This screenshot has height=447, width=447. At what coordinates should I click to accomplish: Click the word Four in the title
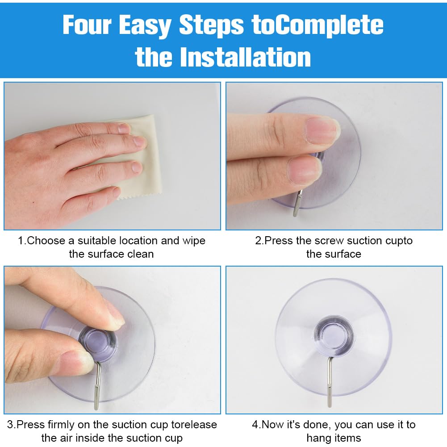click(x=87, y=25)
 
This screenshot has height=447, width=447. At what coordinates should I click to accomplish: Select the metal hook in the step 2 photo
click(x=297, y=203)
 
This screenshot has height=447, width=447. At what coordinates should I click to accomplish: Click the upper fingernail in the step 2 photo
click(x=322, y=130)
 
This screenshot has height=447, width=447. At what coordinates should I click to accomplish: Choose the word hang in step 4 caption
click(x=317, y=438)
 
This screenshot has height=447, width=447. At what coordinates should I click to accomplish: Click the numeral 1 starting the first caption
click(x=20, y=241)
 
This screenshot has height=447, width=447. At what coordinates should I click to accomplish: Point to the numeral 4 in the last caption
click(x=255, y=425)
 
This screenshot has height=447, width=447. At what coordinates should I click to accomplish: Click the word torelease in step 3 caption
click(x=194, y=425)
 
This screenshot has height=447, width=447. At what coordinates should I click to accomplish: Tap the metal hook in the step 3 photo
click(x=97, y=385)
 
